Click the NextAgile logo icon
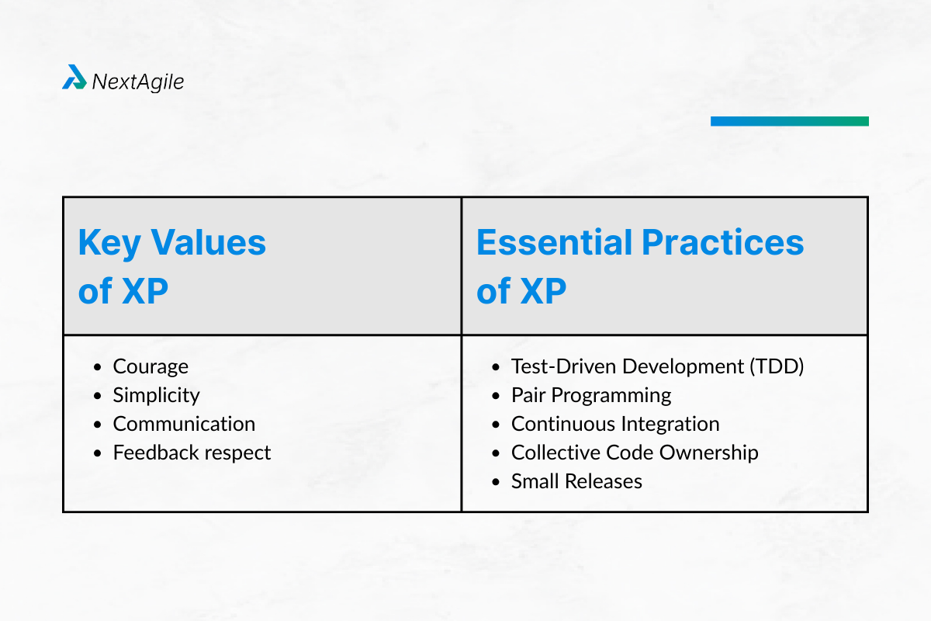tap(74, 78)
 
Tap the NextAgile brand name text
tap(138, 82)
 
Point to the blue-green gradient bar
tap(789, 121)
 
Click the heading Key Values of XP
tap(171, 266)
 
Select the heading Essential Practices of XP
tap(639, 266)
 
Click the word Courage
tap(151, 366)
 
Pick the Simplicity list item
tap(156, 395)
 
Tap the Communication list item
tap(184, 424)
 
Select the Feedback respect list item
tap(192, 453)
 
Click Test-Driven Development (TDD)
tap(657, 366)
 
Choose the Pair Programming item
tap(590, 395)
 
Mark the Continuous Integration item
tap(615, 424)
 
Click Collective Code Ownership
tap(635, 453)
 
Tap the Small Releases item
tap(576, 481)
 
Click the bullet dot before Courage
tap(98, 367)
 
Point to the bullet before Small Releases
tap(496, 482)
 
